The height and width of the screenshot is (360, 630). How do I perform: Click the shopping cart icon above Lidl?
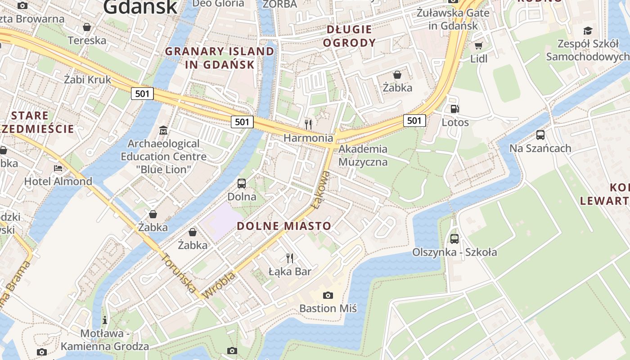click(478, 46)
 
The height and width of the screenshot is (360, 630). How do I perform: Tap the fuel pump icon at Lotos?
click(455, 109)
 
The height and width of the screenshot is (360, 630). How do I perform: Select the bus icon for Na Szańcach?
click(540, 135)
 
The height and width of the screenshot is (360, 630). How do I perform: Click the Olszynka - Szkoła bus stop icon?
click(454, 239)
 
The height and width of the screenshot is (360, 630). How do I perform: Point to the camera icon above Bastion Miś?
click(328, 295)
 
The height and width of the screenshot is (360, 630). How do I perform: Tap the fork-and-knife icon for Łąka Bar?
click(290, 258)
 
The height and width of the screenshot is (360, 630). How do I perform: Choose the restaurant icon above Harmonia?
click(308, 124)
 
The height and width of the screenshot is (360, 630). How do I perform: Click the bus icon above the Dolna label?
click(242, 183)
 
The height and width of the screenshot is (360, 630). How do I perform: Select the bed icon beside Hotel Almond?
click(58, 168)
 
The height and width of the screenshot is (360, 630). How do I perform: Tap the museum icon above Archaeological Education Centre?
click(163, 130)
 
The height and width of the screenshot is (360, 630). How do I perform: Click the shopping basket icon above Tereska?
click(87, 27)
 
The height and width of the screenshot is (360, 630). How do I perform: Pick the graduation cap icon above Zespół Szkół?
click(588, 31)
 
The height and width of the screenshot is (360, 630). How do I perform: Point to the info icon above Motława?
click(105, 320)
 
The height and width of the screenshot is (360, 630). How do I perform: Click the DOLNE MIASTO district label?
click(284, 226)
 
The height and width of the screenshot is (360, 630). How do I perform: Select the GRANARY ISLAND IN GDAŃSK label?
click(220, 58)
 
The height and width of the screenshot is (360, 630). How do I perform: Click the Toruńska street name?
click(179, 273)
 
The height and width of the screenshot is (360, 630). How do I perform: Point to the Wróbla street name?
click(219, 286)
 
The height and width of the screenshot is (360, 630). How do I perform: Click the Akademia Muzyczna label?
click(363, 155)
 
